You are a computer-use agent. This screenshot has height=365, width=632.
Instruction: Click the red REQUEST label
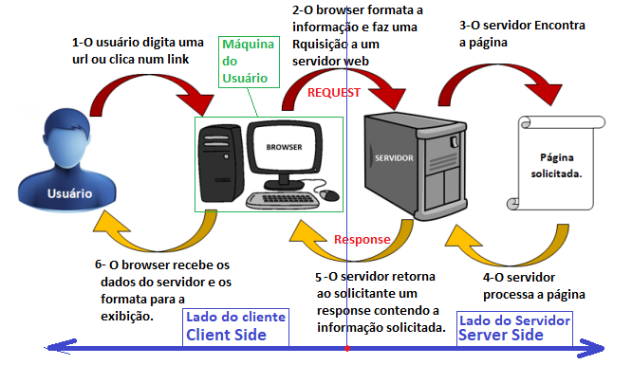pos(334,93)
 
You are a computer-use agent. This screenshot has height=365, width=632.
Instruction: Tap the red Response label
pos(362,240)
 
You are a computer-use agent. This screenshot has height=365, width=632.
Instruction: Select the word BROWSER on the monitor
pos(284,148)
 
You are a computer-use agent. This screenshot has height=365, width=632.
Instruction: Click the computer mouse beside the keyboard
pos(329,195)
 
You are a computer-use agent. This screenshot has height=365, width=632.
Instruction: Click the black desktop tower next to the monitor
pos(221,163)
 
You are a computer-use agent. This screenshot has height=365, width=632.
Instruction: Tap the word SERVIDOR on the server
pos(394,158)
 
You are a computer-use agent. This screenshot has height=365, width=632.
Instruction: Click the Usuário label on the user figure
pos(69,193)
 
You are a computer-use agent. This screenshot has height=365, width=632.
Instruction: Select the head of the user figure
pos(67,136)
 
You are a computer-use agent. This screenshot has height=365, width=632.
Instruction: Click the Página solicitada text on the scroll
pos(557,166)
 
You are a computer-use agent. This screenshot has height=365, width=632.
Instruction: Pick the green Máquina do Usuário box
pos(249,62)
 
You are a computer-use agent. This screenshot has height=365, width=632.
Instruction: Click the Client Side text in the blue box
pos(226,336)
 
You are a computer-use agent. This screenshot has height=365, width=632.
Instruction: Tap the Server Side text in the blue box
pos(501,336)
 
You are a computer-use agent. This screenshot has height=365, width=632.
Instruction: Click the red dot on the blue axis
pos(347,349)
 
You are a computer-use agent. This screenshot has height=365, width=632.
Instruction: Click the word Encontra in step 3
pos(560,26)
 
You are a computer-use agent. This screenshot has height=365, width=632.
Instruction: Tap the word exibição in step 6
pos(127,317)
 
